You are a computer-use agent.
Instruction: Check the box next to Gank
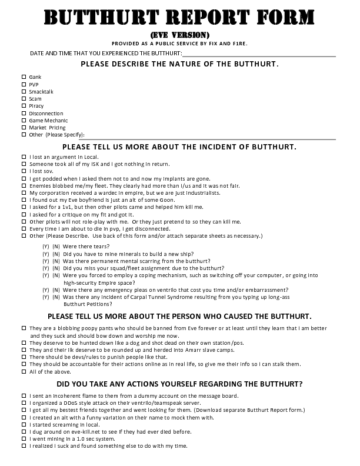[x=24, y=77]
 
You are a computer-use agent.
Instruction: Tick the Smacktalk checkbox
[x=24, y=91]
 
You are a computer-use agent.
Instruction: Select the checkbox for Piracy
[x=24, y=106]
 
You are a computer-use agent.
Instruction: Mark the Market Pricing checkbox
[x=24, y=127]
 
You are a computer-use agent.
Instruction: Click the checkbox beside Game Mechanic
[x=24, y=120]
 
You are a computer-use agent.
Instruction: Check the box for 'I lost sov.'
[x=24, y=171]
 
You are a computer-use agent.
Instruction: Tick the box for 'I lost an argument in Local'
[x=24, y=157]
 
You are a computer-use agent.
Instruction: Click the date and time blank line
[x=259, y=54]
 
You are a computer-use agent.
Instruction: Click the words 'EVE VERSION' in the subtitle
[x=179, y=35]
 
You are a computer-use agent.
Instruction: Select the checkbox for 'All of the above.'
[x=24, y=371]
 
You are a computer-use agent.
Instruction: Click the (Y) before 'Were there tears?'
[x=45, y=247]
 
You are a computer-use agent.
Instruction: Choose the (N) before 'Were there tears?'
[x=56, y=247]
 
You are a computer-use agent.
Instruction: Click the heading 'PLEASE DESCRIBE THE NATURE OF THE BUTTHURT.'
[x=179, y=64]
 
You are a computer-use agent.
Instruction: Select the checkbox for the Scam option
[x=24, y=99]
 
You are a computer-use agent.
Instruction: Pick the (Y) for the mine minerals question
[x=45, y=254]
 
